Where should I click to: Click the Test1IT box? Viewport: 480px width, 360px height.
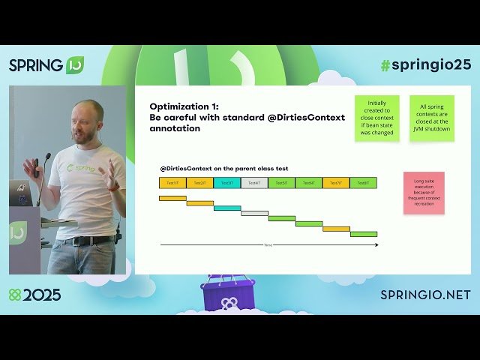tap(172, 182)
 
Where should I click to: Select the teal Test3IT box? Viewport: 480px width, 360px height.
tap(227, 182)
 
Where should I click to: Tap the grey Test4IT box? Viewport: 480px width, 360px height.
tap(254, 182)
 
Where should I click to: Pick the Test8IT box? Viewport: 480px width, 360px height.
tap(363, 182)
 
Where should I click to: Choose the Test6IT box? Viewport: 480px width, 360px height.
tap(309, 182)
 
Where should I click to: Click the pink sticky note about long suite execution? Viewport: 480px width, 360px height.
tap(424, 193)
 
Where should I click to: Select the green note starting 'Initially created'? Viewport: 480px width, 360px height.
tap(376, 118)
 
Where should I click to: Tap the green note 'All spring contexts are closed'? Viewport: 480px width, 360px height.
tap(432, 118)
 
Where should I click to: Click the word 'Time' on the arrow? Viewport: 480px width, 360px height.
tap(268, 245)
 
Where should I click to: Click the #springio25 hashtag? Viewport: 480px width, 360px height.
tap(425, 64)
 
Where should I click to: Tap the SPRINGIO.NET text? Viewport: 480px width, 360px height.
tap(425, 295)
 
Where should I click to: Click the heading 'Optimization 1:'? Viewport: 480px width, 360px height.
tap(184, 106)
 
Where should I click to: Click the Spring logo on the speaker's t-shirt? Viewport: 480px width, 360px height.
tap(82, 168)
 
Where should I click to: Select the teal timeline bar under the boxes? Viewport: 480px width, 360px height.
tap(227, 208)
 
